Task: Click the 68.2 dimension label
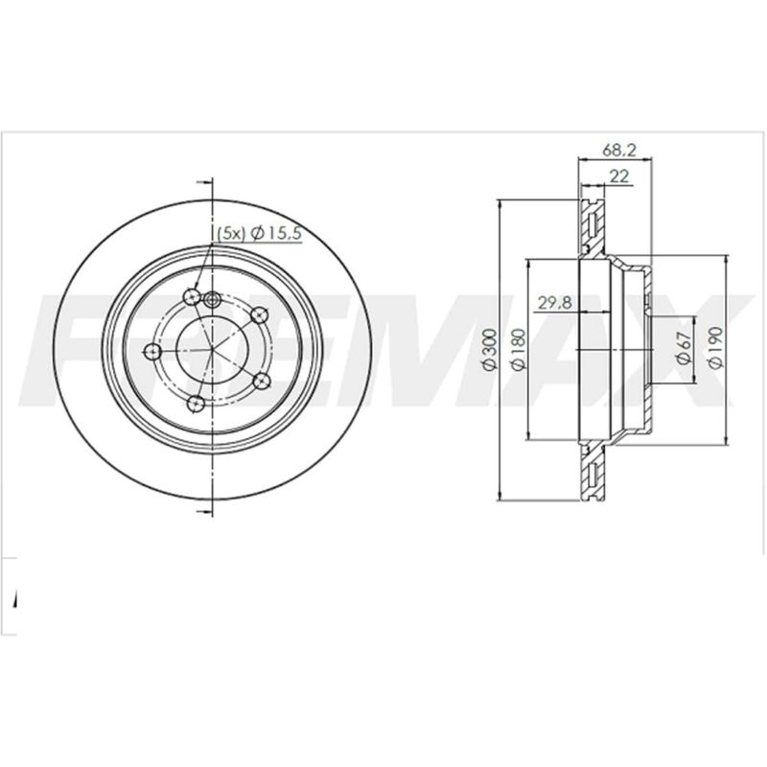point(618,151)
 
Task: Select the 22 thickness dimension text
point(619,176)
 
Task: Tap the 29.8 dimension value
point(555,303)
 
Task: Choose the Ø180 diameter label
point(518,349)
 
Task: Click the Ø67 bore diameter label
point(683,348)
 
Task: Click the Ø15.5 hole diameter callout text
point(275,234)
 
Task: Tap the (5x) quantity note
point(230,234)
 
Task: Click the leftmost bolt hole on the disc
point(154,351)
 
